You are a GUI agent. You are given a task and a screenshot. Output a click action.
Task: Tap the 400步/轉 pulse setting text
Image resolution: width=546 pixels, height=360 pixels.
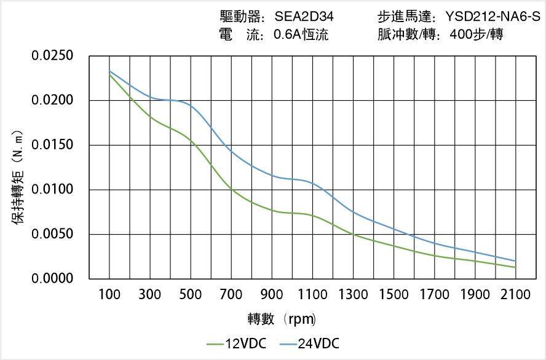click(x=477, y=35)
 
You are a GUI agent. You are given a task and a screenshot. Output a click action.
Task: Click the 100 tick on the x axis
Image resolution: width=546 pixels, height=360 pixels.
click(x=109, y=295)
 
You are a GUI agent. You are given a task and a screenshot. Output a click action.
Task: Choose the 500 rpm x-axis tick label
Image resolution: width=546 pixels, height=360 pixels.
click(x=191, y=295)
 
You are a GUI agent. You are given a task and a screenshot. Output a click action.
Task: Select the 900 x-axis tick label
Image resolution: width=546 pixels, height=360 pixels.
click(x=272, y=295)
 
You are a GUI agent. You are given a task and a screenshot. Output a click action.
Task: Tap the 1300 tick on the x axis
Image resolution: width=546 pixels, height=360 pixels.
click(x=353, y=295)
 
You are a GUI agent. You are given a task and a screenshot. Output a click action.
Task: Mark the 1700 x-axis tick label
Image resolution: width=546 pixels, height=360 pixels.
click(x=434, y=295)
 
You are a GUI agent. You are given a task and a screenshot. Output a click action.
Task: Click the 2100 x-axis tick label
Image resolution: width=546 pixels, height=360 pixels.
click(x=515, y=295)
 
